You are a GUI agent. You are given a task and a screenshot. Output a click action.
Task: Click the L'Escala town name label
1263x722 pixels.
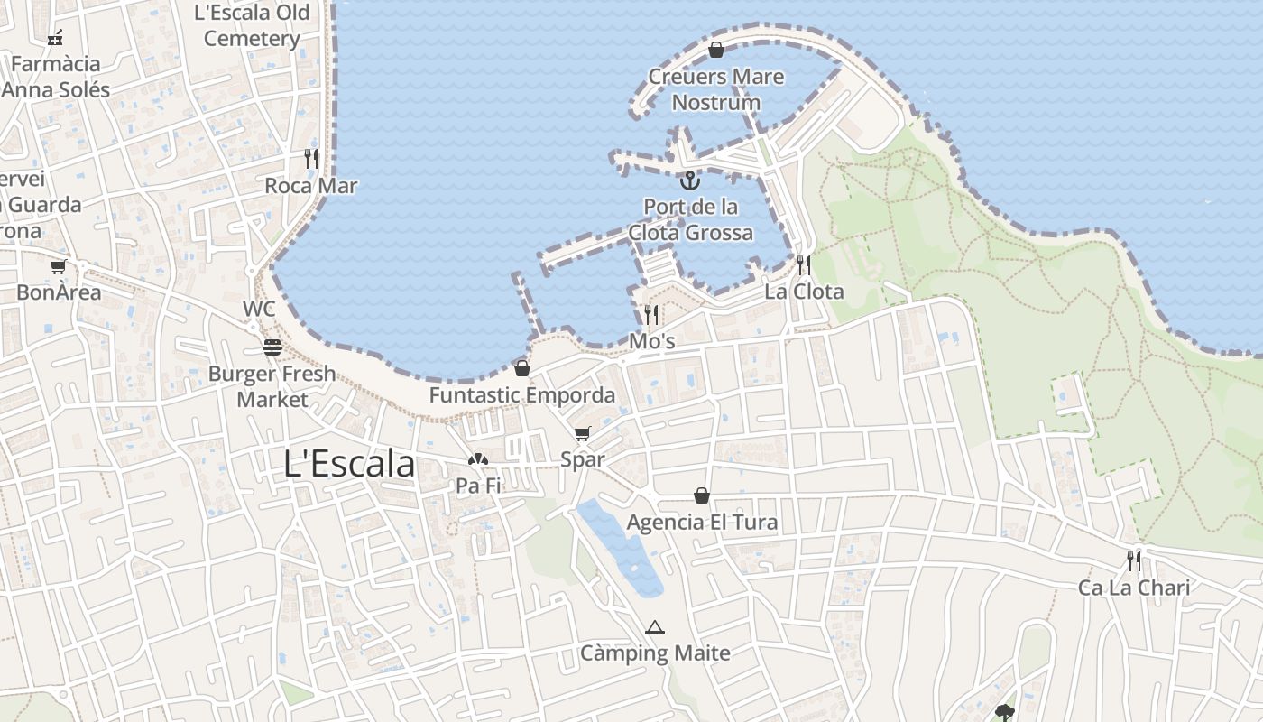(x=349, y=464)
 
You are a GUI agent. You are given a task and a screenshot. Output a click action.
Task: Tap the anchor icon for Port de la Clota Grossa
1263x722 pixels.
(x=689, y=180)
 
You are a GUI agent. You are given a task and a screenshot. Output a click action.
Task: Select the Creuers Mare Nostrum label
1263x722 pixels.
(x=716, y=89)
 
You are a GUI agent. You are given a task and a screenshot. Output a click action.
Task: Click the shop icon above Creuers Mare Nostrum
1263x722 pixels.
(x=716, y=50)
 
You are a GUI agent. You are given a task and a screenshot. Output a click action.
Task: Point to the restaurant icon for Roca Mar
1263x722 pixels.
(x=311, y=159)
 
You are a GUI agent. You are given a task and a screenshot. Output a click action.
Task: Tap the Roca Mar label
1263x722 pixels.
(x=311, y=186)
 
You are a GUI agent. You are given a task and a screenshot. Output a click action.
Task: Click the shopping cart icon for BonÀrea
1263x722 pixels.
(x=59, y=266)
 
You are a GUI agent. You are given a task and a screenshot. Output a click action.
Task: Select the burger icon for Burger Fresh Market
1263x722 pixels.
(x=272, y=347)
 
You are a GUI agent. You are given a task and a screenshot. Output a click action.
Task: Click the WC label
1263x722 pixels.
(x=259, y=309)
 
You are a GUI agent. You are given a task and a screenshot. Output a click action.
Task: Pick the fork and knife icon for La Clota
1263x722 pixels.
(x=803, y=264)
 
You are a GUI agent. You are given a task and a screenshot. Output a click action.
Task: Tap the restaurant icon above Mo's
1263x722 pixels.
(x=651, y=314)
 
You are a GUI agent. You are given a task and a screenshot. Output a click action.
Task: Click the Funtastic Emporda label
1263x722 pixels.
(x=521, y=395)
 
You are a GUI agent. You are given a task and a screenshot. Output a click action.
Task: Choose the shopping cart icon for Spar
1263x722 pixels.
(x=582, y=434)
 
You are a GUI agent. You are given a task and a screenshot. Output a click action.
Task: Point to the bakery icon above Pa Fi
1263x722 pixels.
(x=477, y=459)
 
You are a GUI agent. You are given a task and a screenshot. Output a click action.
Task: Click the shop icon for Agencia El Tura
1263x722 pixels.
(x=702, y=495)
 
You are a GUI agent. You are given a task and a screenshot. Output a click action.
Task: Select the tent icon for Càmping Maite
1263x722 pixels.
(x=655, y=627)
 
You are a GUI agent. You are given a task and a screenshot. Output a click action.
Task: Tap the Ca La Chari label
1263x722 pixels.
(x=1134, y=588)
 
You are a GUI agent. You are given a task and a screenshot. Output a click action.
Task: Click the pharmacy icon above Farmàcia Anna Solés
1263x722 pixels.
(x=55, y=38)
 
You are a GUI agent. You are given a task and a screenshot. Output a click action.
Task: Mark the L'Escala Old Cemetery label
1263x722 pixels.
(x=252, y=25)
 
